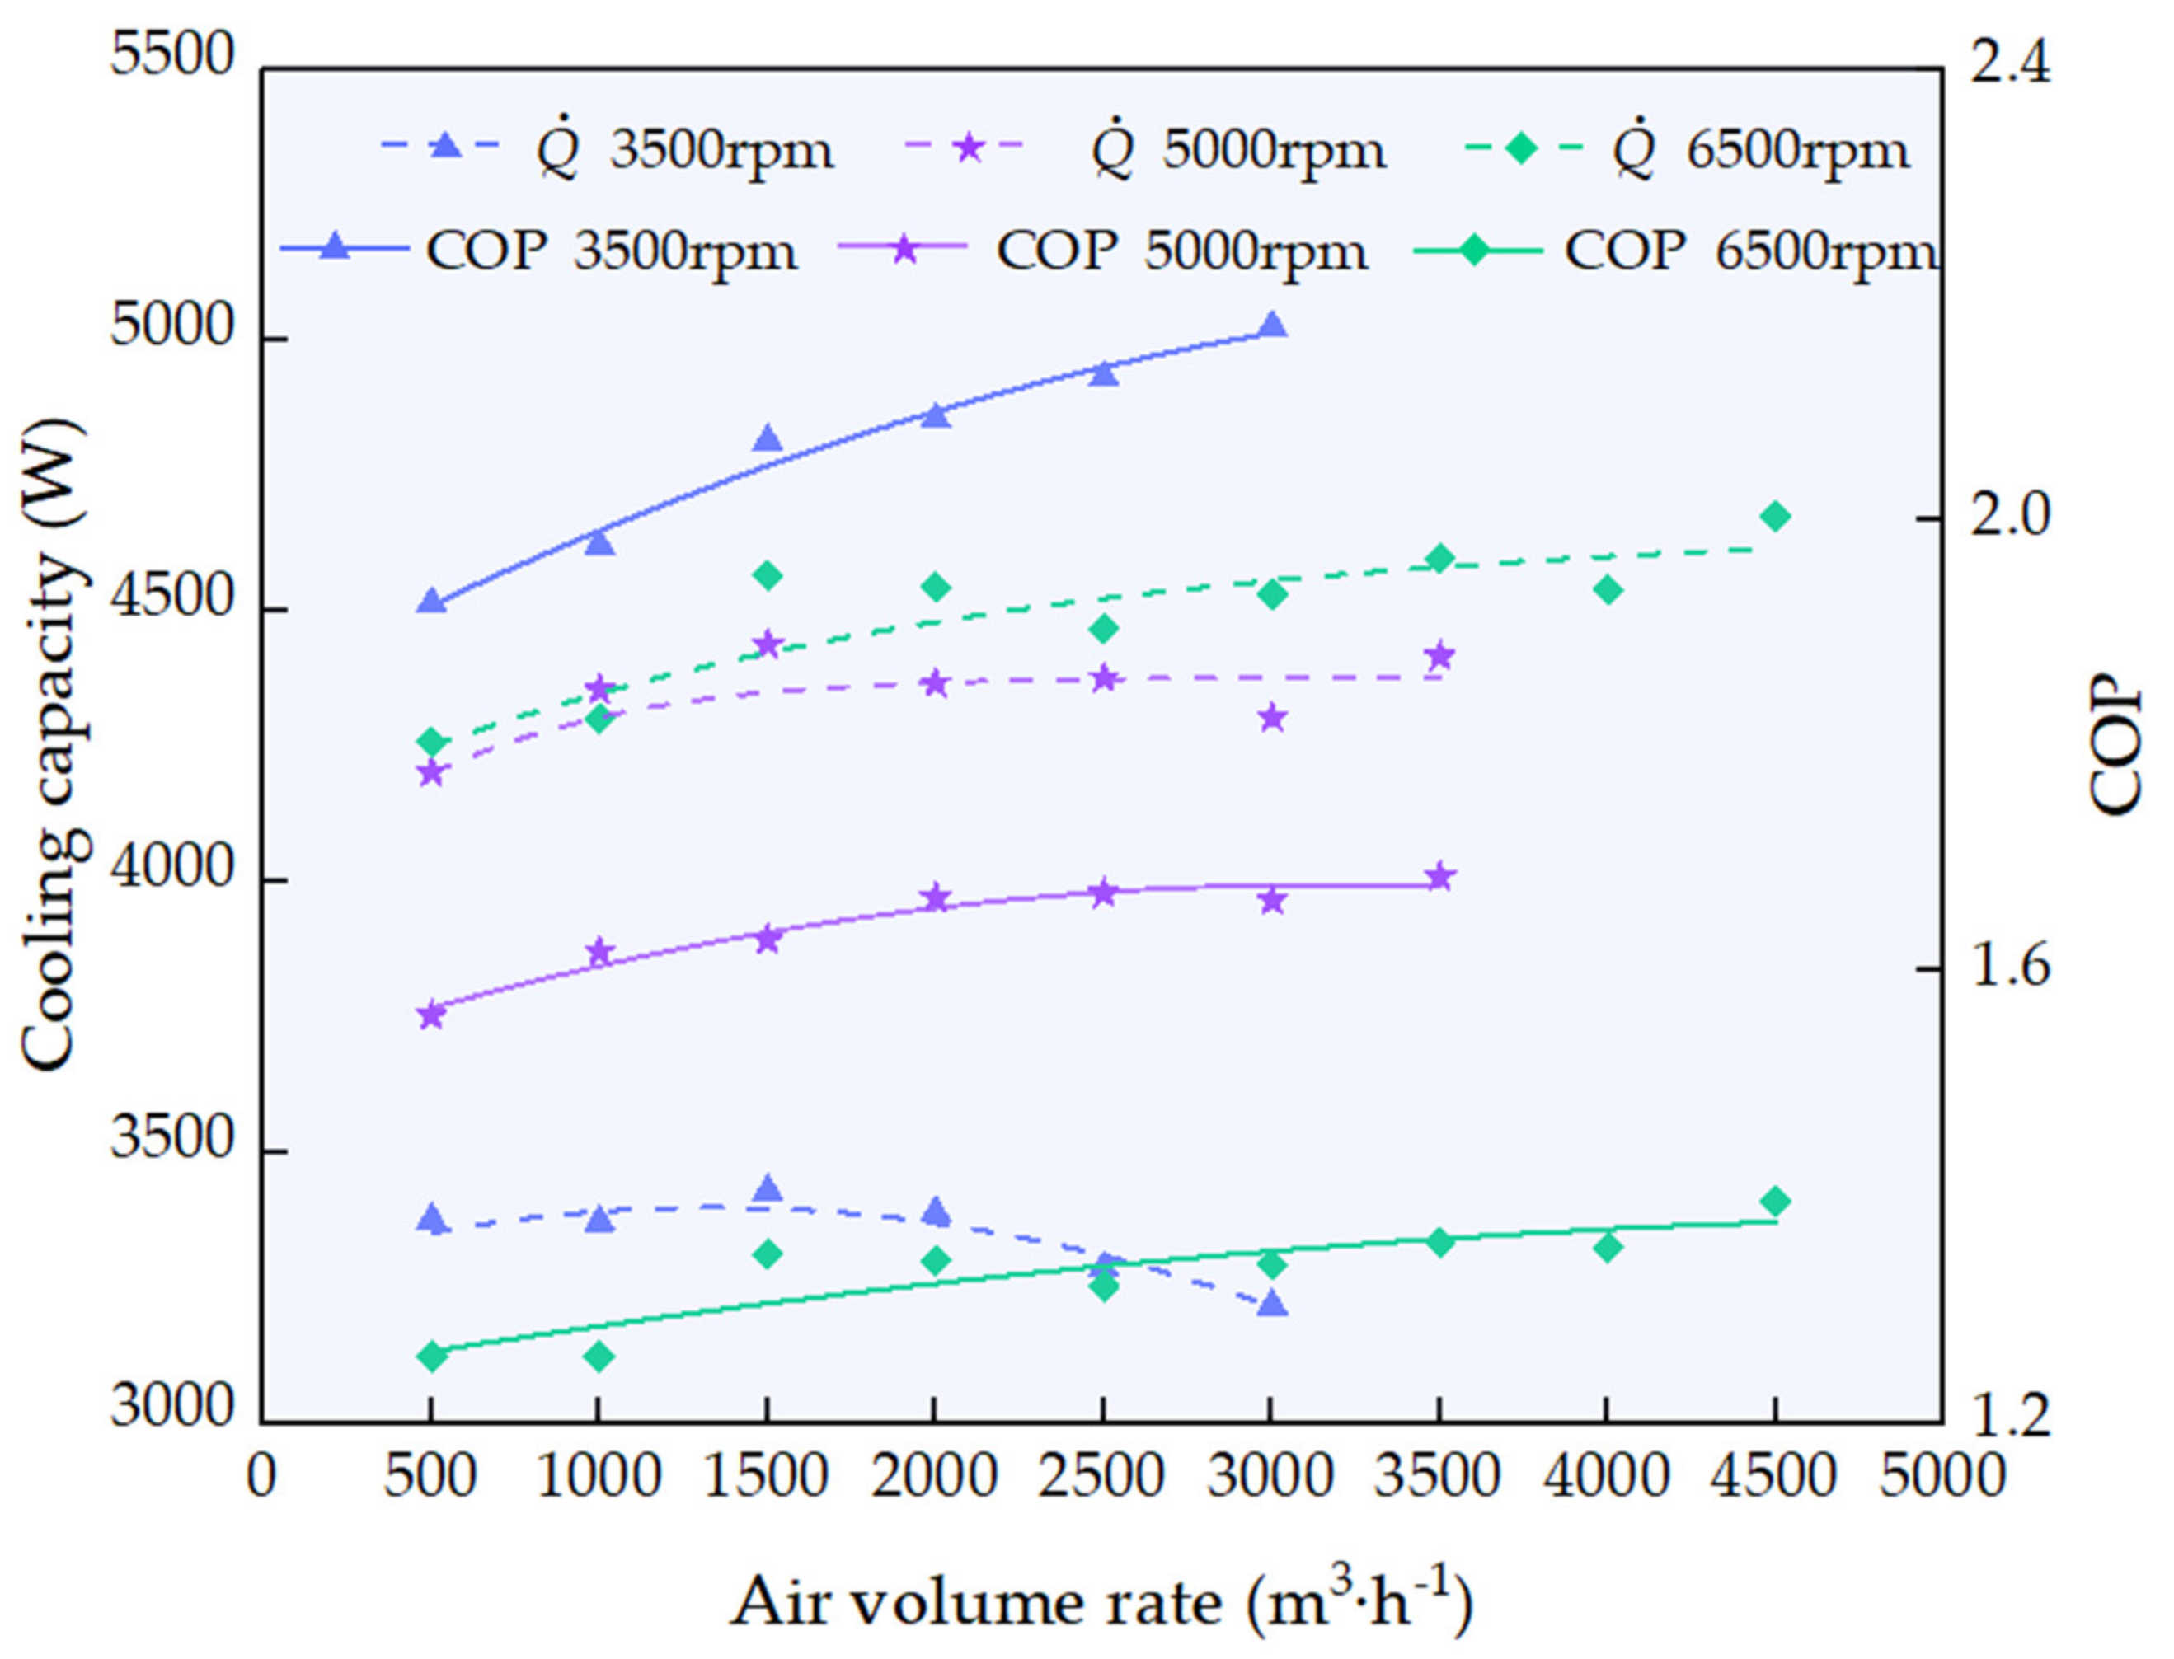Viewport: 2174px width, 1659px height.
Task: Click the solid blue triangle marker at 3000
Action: pos(1272,325)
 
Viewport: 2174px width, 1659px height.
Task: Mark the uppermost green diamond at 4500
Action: pos(1775,515)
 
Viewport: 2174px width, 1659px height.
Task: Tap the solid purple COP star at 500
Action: pos(430,1015)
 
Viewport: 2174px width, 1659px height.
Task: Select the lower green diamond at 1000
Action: pos(599,1356)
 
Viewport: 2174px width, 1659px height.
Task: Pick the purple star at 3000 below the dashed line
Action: pos(1272,718)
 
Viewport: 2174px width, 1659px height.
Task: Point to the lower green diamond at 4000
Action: pos(1608,1247)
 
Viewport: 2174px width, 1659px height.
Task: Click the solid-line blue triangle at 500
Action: pos(430,601)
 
